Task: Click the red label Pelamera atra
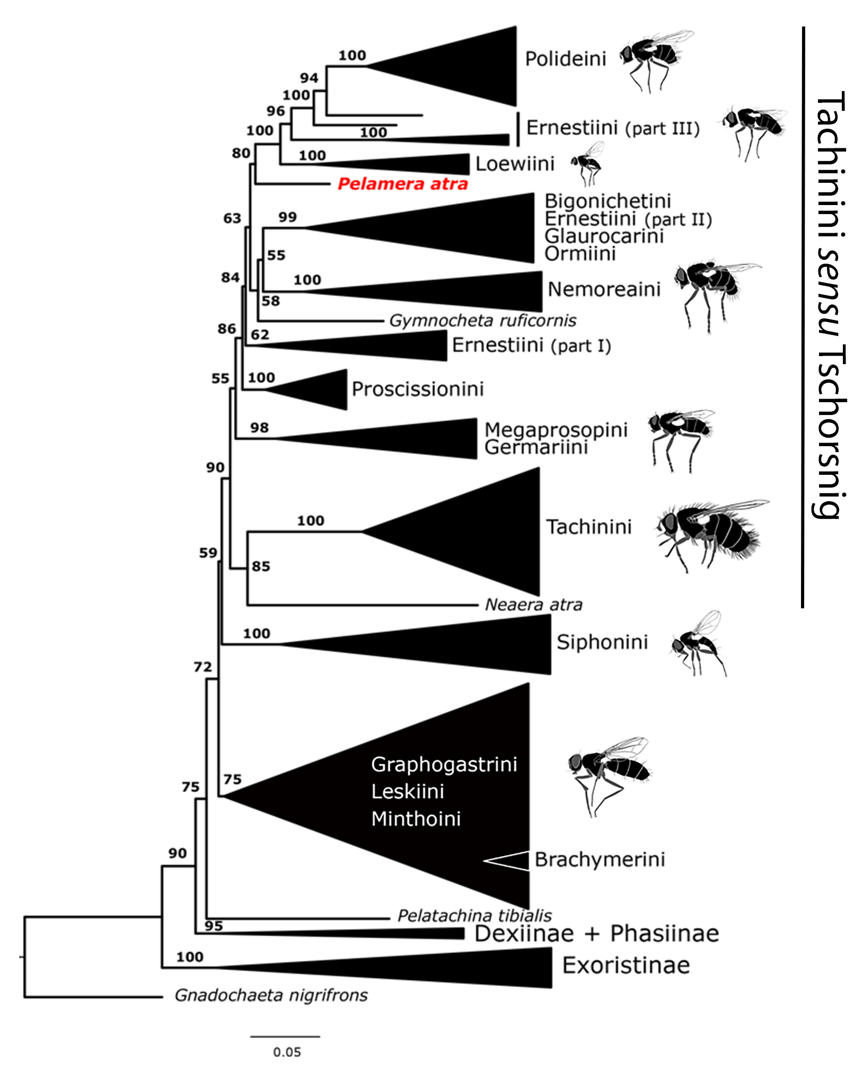click(x=403, y=184)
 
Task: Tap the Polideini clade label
click(x=565, y=59)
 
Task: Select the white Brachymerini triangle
click(x=512, y=861)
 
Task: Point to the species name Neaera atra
click(x=533, y=605)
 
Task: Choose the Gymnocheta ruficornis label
click(x=482, y=321)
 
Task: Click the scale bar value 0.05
click(x=287, y=1052)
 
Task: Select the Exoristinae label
click(x=626, y=965)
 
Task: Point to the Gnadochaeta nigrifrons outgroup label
click(x=271, y=996)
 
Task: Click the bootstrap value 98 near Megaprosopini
click(x=259, y=428)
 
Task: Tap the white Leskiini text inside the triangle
click(x=407, y=792)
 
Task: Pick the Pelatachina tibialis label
click(x=474, y=916)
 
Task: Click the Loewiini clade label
click(x=515, y=164)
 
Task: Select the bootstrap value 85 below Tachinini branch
click(x=261, y=566)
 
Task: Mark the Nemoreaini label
click(x=604, y=289)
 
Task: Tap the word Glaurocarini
click(x=604, y=236)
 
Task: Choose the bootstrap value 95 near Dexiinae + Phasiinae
click(x=214, y=926)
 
